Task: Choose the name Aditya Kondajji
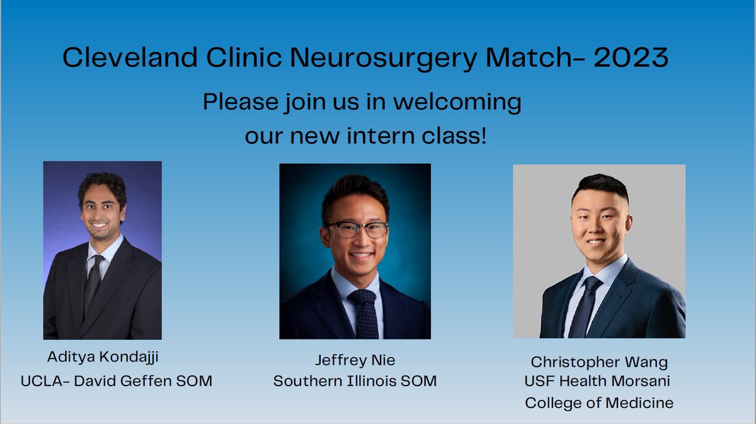[103, 357]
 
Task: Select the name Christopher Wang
[598, 362]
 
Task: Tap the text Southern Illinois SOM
[355, 381]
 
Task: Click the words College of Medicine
[598, 402]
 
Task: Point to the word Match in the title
[535, 58]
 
